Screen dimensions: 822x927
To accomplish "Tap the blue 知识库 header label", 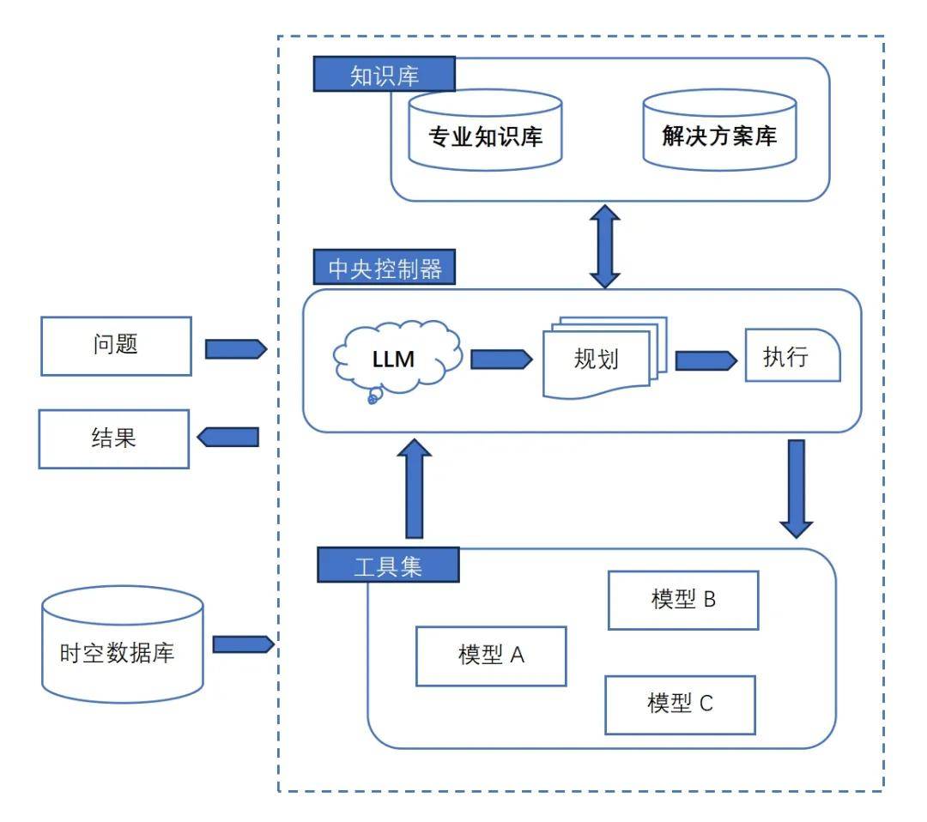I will click(383, 76).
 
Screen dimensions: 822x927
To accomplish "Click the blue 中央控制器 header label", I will click(385, 269).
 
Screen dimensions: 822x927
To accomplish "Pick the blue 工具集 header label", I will click(388, 565).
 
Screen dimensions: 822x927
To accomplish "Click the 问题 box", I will click(115, 346).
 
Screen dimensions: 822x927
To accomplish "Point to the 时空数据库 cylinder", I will click(123, 644).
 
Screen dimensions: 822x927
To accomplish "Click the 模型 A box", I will click(491, 656).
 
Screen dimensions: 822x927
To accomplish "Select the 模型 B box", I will click(683, 600).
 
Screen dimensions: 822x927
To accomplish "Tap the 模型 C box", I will click(680, 704).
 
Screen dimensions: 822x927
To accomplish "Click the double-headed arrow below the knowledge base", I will click(605, 245).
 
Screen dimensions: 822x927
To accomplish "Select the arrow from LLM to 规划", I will click(501, 359).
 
